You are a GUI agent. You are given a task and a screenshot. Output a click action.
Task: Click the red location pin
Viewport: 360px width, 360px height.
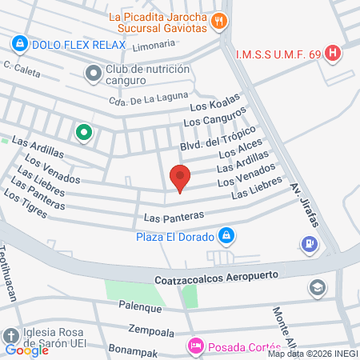180,177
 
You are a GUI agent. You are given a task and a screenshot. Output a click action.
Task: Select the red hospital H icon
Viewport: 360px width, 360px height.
334,54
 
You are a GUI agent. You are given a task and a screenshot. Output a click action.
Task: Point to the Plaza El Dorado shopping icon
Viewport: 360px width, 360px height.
227,236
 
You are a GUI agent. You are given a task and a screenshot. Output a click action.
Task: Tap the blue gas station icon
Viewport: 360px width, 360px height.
309,243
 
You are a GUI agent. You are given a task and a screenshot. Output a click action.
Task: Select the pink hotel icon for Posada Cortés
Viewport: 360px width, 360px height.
194,346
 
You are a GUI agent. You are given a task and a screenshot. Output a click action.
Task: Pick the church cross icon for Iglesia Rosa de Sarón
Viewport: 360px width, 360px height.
10,335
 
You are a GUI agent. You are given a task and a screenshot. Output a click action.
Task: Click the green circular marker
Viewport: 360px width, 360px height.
82,132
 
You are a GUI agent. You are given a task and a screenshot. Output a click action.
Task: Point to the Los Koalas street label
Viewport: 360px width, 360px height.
214,106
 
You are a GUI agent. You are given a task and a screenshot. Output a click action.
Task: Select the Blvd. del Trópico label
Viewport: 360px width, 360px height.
217,138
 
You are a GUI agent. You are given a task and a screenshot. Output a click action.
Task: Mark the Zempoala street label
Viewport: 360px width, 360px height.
150,329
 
